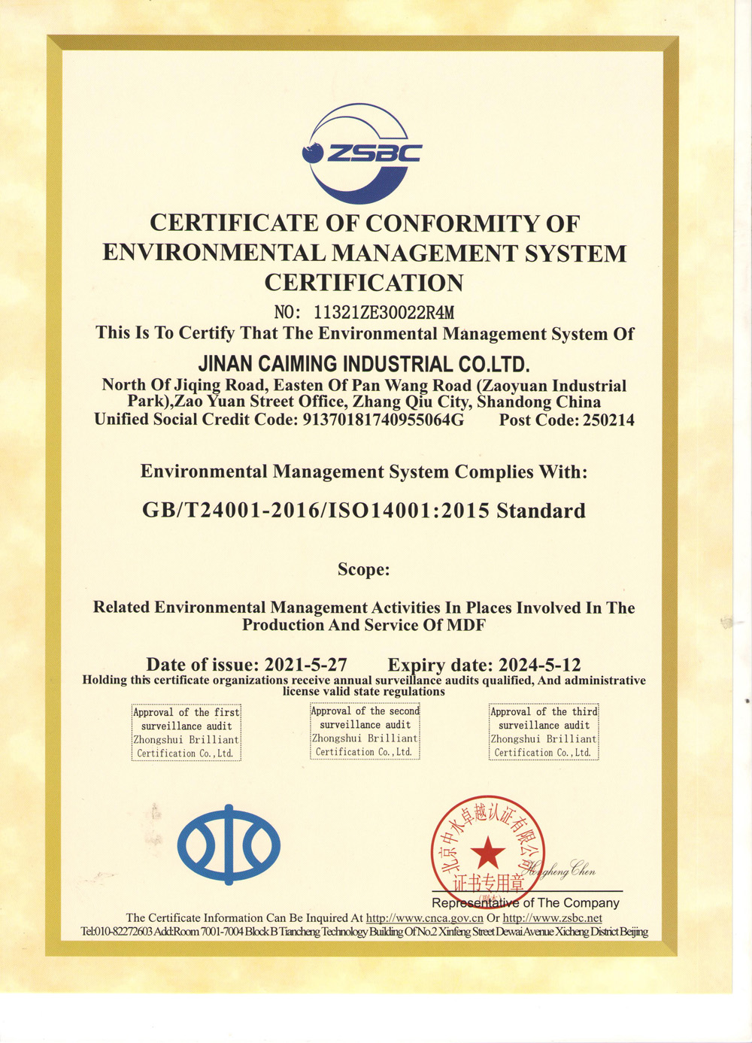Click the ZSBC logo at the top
[x=362, y=153]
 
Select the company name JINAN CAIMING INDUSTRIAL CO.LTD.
[x=364, y=365]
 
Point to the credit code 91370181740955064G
[x=383, y=420]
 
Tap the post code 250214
[x=608, y=420]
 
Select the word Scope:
[x=364, y=569]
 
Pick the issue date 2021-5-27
[x=305, y=665]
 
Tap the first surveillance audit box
[x=186, y=732]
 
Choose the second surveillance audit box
[x=365, y=731]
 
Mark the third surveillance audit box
[x=544, y=732]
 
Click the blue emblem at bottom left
[x=229, y=844]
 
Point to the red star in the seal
[x=488, y=852]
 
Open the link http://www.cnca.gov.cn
[x=424, y=918]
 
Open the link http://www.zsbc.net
[x=552, y=918]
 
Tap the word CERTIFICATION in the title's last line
[x=364, y=283]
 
